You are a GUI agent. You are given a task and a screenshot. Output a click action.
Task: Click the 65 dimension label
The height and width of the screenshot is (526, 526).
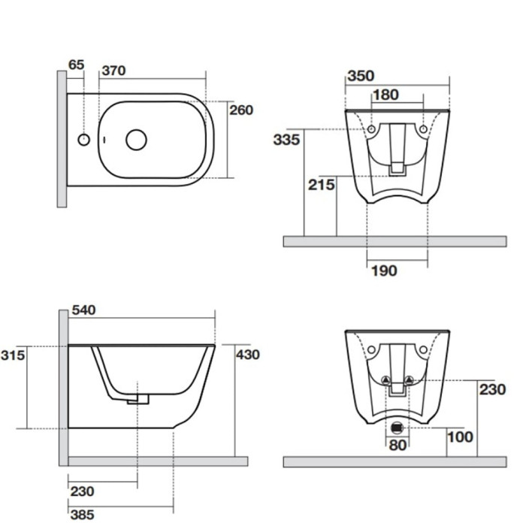pos(76,65)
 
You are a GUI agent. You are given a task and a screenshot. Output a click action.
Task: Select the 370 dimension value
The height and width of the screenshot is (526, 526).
pos(113,71)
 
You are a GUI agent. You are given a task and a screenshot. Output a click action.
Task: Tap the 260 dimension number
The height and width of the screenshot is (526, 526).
pos(241,110)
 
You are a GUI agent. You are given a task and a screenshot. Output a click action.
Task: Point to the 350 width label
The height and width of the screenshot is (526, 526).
pos(361,76)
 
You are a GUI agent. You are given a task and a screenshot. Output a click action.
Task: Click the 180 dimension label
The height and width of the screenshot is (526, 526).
pos(385,95)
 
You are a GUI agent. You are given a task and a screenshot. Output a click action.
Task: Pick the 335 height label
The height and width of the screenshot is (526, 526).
pos(286,140)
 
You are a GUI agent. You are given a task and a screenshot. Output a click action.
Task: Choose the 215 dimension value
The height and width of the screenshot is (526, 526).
pos(322,185)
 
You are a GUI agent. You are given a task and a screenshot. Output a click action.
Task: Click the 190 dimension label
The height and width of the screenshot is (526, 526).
pos(384,271)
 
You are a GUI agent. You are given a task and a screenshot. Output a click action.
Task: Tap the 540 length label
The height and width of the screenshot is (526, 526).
pos(84,310)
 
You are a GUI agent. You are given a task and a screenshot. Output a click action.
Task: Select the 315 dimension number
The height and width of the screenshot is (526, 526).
pos(13,355)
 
